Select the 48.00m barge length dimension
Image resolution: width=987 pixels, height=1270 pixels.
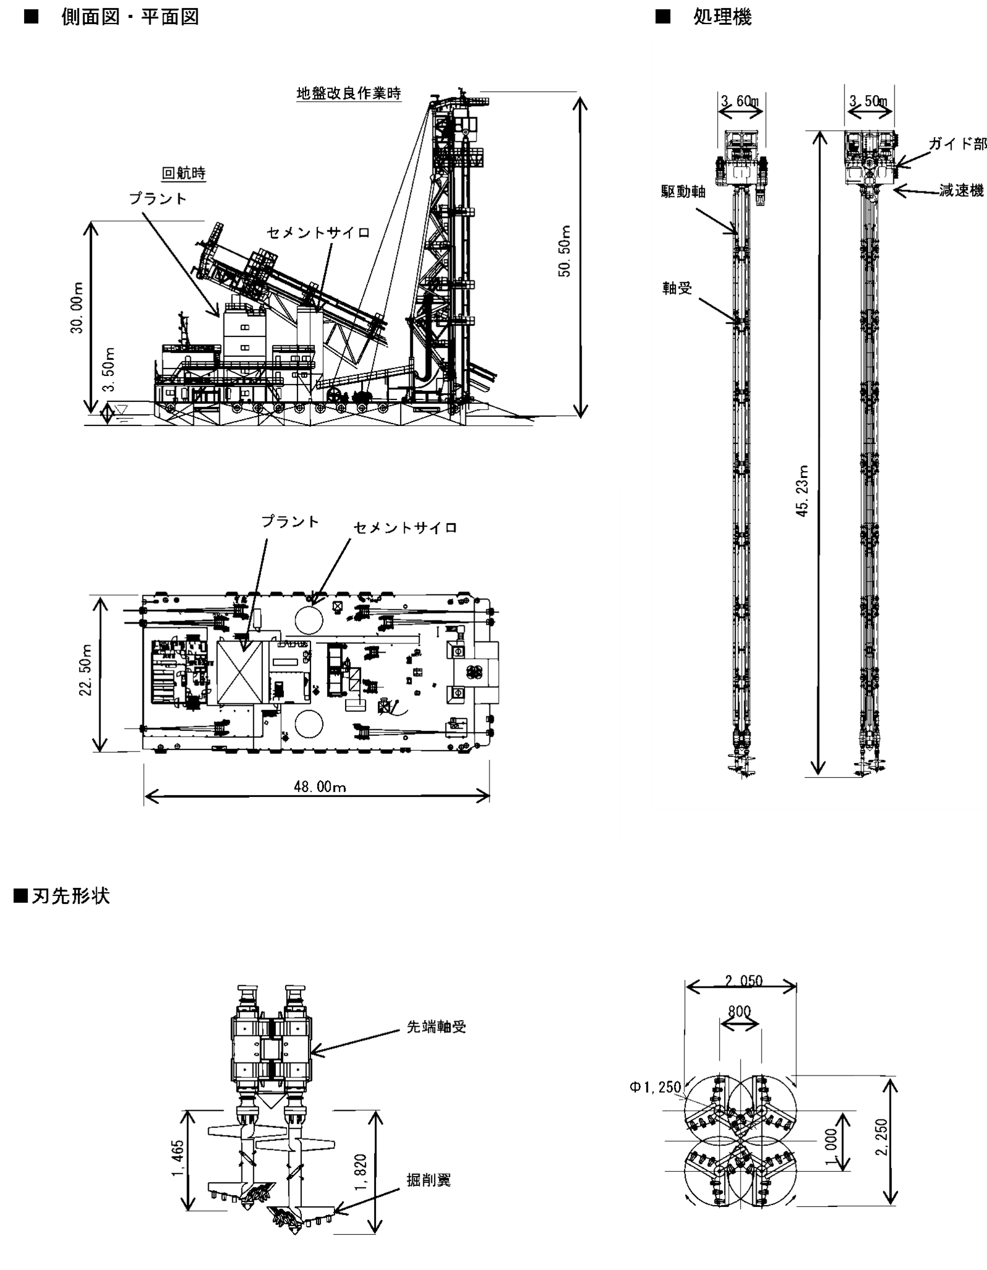(320, 787)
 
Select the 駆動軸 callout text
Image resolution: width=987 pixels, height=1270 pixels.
(683, 192)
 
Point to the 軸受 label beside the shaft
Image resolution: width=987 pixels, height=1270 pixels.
(677, 288)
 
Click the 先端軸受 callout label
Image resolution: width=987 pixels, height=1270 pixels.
(436, 1027)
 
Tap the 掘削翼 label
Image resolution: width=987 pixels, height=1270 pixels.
(428, 1180)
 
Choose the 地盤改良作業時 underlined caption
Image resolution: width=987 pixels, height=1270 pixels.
(349, 94)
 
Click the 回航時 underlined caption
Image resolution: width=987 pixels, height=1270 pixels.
(183, 173)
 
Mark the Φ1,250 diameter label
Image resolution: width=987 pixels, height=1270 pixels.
(655, 1087)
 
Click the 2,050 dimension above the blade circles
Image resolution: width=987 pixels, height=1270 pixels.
(744, 980)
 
